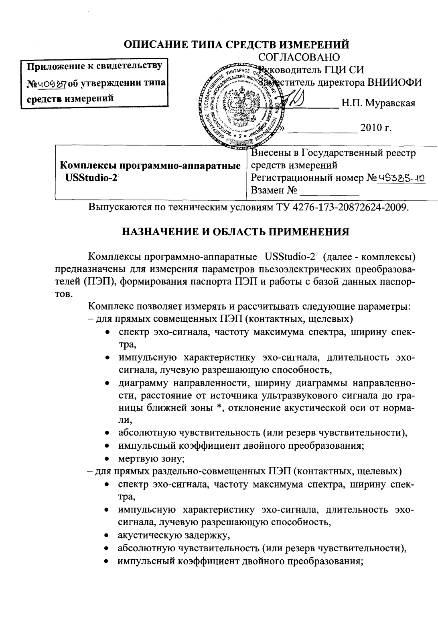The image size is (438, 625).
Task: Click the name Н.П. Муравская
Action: click(x=378, y=103)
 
